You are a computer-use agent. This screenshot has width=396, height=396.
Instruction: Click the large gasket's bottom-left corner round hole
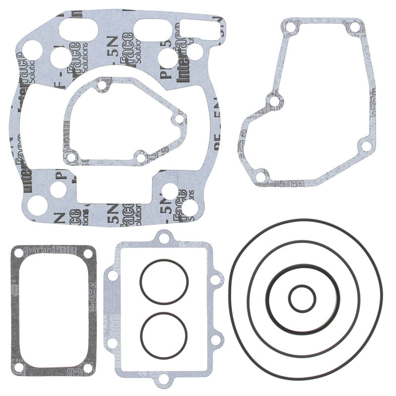(35, 204)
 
